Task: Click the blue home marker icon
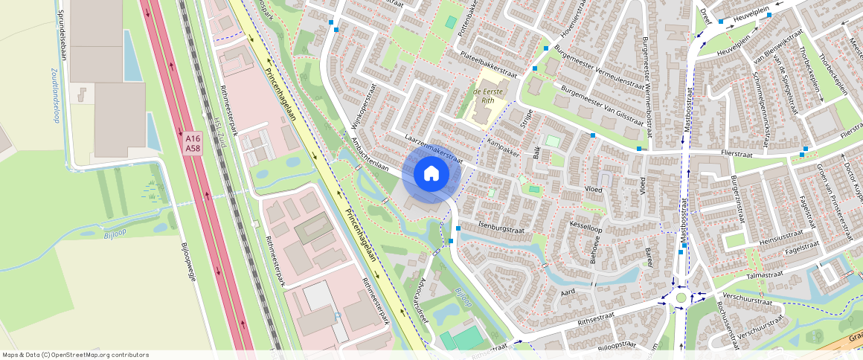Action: click(431, 174)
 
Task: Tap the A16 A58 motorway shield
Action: click(193, 143)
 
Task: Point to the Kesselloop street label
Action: click(585, 225)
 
